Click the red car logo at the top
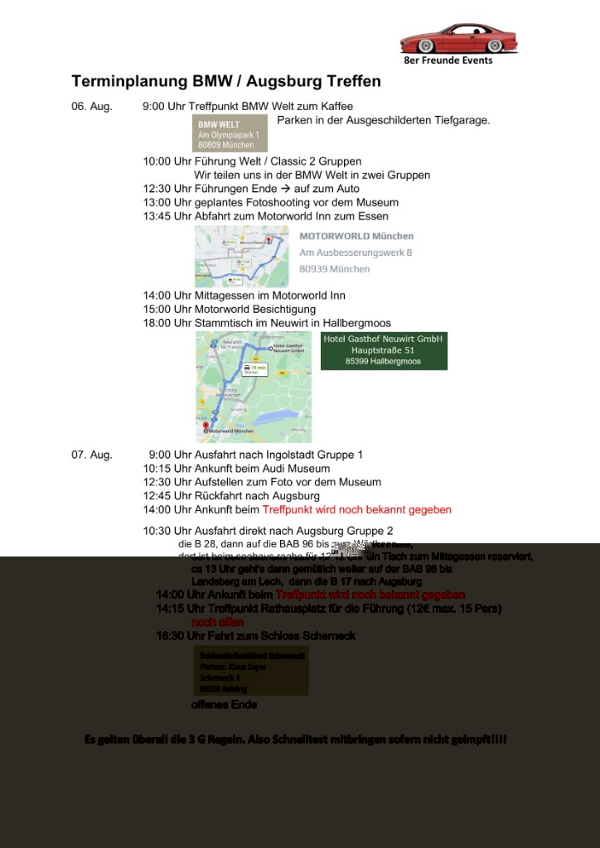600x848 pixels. [x=458, y=39]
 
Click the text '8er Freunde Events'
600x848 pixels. [x=448, y=60]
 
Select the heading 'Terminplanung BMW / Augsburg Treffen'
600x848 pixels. [x=226, y=81]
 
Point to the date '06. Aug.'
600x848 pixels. [x=91, y=107]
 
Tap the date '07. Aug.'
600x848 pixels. [x=92, y=455]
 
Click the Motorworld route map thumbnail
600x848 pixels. [x=241, y=256]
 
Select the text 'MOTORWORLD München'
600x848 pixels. [x=356, y=237]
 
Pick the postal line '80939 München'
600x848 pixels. [x=334, y=269]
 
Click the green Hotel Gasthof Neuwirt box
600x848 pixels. [x=384, y=350]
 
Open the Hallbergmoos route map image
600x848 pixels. [x=254, y=386]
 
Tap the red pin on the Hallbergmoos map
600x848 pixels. [x=206, y=425]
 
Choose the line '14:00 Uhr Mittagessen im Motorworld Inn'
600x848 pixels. [x=244, y=296]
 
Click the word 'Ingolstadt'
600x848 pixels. [x=287, y=455]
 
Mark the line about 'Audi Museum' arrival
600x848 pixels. [x=236, y=469]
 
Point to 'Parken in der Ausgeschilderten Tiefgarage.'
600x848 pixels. [x=383, y=121]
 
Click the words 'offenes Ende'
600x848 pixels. [x=224, y=705]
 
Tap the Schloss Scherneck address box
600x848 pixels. [x=250, y=671]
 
